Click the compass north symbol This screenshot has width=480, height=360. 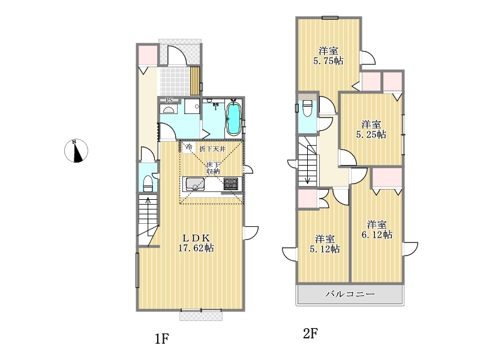[76, 151]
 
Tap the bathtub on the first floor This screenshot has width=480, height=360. [233, 119]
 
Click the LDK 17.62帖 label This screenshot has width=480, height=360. [196, 243]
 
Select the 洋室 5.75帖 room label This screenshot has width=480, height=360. [328, 56]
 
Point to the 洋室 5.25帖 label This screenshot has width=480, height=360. [371, 130]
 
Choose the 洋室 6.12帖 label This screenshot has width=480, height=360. [377, 230]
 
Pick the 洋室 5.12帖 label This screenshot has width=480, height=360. [325, 244]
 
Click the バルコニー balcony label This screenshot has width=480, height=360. [350, 294]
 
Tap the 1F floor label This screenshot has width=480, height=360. [161, 338]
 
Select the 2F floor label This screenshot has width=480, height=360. [310, 333]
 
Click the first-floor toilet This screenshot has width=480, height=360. [148, 183]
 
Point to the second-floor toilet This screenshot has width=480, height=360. [307, 108]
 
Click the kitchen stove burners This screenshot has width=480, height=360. [230, 184]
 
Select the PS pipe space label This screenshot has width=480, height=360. [169, 100]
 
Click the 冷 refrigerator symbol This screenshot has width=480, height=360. [190, 147]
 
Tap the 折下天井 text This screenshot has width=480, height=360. [212, 149]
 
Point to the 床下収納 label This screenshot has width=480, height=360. [213, 168]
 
